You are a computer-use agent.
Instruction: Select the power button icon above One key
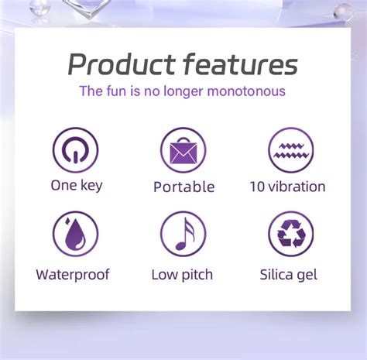click(75, 149)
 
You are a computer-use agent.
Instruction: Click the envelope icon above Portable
click(183, 149)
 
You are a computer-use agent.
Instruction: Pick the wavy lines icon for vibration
click(291, 149)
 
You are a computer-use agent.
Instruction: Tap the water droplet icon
click(75, 234)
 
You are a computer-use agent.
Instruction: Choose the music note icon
click(183, 234)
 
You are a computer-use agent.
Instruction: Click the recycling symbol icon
click(291, 234)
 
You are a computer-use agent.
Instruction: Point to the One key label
click(76, 186)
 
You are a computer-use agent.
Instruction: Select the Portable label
click(183, 187)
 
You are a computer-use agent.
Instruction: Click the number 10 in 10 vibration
click(257, 187)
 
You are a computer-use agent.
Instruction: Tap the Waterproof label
click(73, 275)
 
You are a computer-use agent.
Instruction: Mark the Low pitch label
click(182, 275)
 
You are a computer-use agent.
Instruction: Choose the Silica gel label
click(289, 275)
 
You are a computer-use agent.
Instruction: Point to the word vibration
click(297, 187)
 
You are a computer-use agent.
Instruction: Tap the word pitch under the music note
click(197, 275)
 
